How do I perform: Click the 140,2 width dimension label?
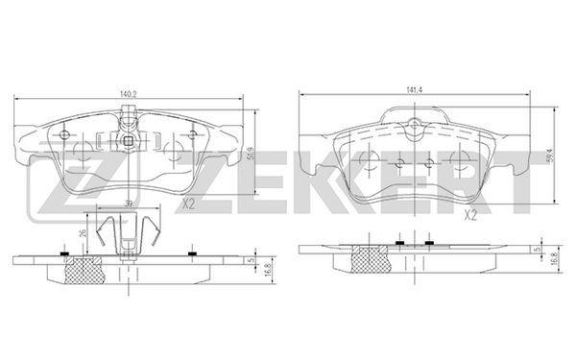[129, 94]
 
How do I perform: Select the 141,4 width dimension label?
[414, 90]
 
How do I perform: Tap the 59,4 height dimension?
[550, 156]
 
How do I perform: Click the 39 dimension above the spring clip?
[129, 204]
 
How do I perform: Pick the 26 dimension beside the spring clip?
[83, 233]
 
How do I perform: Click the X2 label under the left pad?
[188, 204]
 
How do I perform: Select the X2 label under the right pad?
[470, 215]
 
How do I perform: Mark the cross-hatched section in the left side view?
[84, 271]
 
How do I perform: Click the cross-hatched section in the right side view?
[370, 259]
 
